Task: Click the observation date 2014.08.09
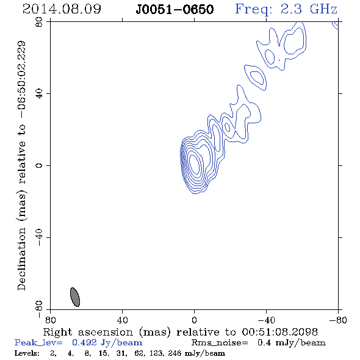coord(62,9)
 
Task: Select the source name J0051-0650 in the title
coord(175,10)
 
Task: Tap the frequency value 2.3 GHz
coord(309,9)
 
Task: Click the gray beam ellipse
coord(75,297)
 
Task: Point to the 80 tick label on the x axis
coord(50,320)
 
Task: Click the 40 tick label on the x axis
coord(122,320)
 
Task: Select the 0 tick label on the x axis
coord(194,320)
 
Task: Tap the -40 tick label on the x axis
coord(266,320)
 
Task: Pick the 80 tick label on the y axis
coord(39,22)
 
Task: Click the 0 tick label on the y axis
coord(39,165)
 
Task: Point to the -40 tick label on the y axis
coord(39,237)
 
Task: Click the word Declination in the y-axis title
coord(21,259)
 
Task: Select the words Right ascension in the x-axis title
coord(88,332)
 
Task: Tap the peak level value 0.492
coord(84,343)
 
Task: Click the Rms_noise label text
coord(220,343)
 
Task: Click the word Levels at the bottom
coord(27,353)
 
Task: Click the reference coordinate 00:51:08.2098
coord(279,332)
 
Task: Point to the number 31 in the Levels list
coord(121,353)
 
